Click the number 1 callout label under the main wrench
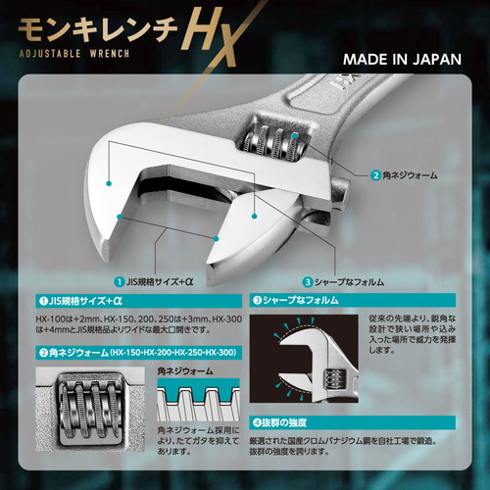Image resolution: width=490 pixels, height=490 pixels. (162, 280)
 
